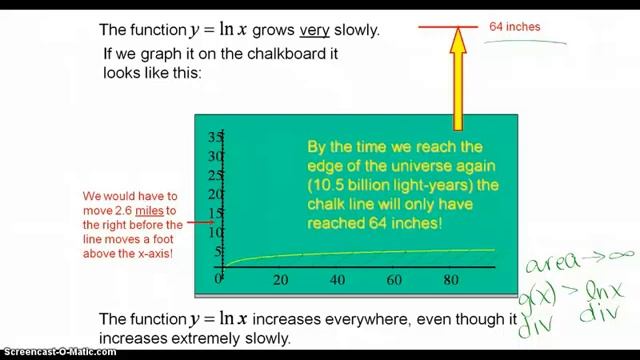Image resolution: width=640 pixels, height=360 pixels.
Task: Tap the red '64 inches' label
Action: [x=515, y=27]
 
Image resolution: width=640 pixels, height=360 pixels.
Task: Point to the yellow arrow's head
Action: [x=458, y=40]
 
